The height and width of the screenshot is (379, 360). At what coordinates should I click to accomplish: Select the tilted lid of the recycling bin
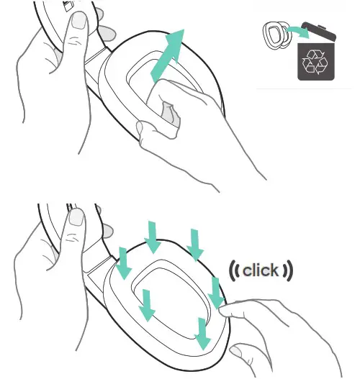[316, 33]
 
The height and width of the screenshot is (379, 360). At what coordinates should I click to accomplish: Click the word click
[261, 271]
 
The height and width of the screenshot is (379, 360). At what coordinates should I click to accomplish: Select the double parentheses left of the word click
[235, 272]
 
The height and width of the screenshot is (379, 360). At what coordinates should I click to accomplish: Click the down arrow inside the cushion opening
[147, 304]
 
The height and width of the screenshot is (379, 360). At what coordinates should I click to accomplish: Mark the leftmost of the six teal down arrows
[124, 263]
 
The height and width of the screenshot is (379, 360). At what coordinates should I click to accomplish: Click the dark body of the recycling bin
[315, 65]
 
